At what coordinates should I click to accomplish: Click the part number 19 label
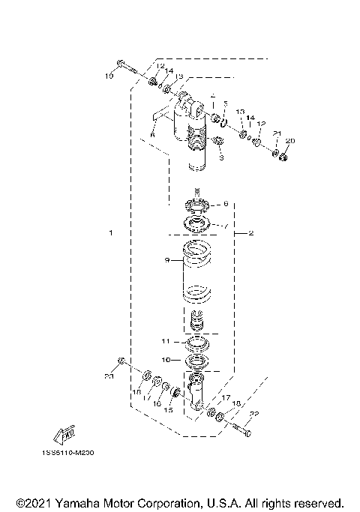point(108,76)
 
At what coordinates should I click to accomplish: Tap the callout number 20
point(291,140)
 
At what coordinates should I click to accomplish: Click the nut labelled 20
point(284,157)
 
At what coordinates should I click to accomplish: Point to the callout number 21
point(277,133)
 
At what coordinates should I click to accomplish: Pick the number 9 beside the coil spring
point(157,260)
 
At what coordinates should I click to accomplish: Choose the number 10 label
point(166,360)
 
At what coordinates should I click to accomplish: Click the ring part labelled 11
point(196,343)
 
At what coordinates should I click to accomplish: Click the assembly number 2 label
point(251,234)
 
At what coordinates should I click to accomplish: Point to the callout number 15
point(168,410)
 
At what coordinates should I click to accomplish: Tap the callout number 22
point(254,414)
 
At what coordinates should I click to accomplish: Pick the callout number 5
point(225,103)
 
